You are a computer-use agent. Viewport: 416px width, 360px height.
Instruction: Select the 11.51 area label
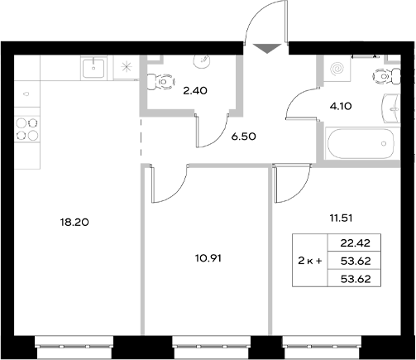pyautogui.click(x=340, y=218)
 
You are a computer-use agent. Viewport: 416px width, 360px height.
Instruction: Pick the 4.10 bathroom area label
pyautogui.click(x=341, y=105)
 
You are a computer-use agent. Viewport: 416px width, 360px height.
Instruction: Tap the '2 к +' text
pyautogui.click(x=312, y=261)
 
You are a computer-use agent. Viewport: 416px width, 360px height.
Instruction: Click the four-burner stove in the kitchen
pyautogui.click(x=27, y=128)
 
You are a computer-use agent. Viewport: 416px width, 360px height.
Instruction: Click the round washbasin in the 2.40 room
pyautogui.click(x=203, y=59)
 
